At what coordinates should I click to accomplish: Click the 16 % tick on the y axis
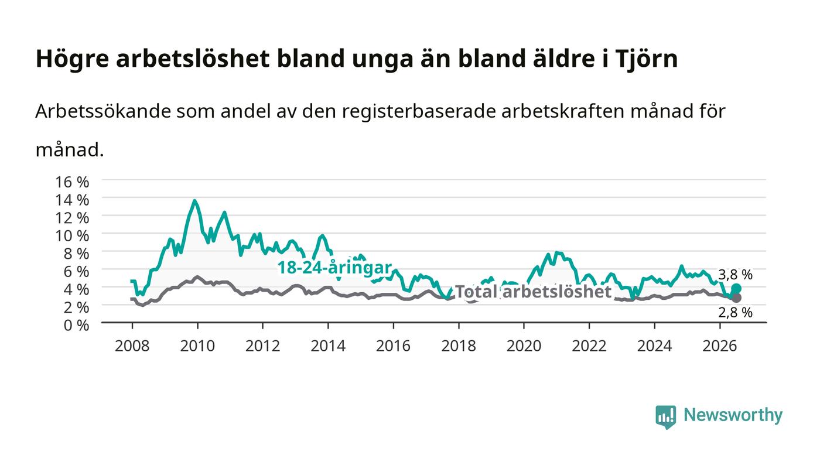click(71, 182)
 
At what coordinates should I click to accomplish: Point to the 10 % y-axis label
click(71, 235)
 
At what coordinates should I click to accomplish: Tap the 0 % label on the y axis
click(76, 325)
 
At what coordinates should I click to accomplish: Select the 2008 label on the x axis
click(132, 346)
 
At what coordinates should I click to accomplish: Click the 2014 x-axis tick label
click(328, 346)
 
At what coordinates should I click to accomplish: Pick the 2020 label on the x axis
click(524, 346)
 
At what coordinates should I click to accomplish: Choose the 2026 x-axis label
click(720, 346)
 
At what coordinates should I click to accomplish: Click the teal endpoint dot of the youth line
click(736, 289)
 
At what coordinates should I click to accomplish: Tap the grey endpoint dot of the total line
click(736, 298)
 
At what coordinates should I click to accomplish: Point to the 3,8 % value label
click(735, 274)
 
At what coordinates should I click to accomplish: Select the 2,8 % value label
click(735, 312)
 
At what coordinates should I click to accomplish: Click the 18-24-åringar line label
click(334, 268)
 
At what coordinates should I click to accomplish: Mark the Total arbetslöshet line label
click(534, 292)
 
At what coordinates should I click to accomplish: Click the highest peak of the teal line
click(194, 201)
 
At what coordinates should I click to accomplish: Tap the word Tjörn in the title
click(647, 59)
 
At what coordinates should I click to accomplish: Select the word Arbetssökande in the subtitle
click(103, 111)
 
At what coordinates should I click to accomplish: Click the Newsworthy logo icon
click(665, 416)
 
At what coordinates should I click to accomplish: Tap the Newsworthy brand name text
click(733, 415)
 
